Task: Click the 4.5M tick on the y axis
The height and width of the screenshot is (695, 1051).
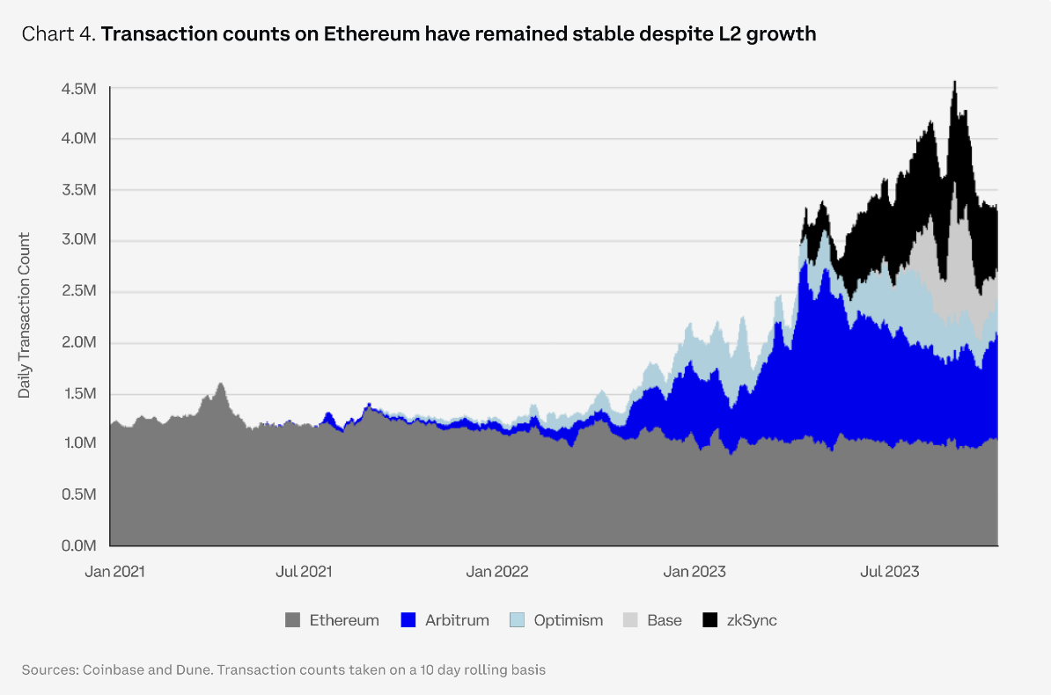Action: [78, 89]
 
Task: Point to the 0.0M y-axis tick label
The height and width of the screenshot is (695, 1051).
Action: [78, 545]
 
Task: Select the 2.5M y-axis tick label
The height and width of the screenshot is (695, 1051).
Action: [78, 292]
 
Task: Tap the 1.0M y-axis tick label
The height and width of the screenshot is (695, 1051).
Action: [78, 444]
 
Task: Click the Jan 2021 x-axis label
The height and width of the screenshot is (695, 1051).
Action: [114, 572]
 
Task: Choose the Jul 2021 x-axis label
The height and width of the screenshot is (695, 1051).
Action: [304, 572]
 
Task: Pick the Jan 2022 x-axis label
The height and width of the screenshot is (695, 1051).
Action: [497, 572]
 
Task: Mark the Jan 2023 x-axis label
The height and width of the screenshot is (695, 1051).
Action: [695, 572]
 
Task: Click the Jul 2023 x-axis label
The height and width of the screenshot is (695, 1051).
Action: [888, 572]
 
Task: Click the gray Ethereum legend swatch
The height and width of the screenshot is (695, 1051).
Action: [292, 620]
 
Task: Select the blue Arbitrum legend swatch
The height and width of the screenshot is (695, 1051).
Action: [408, 620]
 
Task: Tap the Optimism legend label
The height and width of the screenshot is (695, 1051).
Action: [568, 620]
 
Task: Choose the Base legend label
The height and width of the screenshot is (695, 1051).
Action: [664, 620]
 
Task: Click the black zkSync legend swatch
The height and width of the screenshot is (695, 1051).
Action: [709, 620]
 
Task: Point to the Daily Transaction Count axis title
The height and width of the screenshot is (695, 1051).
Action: [25, 315]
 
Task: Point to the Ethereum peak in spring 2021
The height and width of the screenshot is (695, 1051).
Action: [220, 384]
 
